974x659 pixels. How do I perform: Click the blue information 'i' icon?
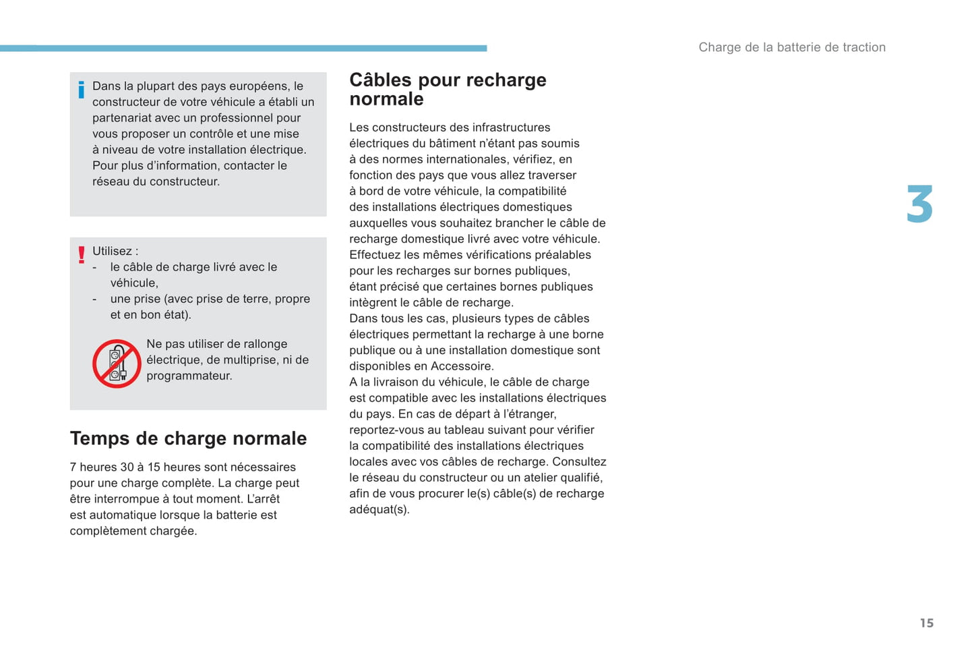coord(82,90)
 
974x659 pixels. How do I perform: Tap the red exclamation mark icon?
coord(82,255)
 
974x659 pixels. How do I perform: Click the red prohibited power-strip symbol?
coord(117,364)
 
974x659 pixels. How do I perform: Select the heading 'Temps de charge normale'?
coord(188,438)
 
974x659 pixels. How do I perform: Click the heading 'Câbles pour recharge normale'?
coord(448,89)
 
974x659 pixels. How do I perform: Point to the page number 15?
coord(927,623)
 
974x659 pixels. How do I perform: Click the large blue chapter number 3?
coord(919,204)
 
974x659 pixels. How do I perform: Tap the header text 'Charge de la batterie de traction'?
coord(792,47)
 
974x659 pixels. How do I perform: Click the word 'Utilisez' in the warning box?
coord(112,251)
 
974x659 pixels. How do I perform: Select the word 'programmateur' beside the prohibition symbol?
coord(188,376)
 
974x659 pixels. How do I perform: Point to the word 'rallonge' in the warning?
coord(265,344)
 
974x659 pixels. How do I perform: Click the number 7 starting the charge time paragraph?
coord(73,467)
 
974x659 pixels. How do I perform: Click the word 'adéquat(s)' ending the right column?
coord(379,509)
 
